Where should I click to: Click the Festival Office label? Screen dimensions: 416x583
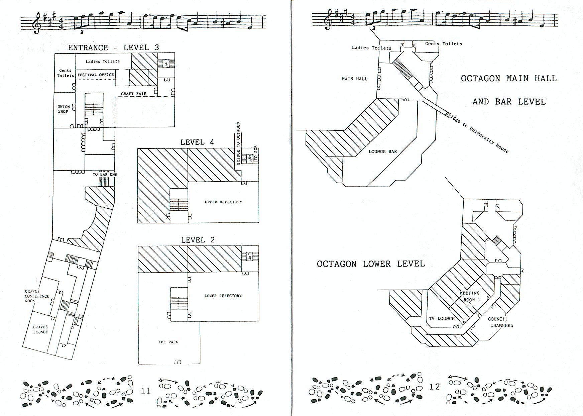[x=96, y=75]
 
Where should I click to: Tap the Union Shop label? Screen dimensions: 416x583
[x=64, y=109]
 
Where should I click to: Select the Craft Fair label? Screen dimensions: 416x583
[x=134, y=94]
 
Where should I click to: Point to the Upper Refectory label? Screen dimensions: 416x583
[x=223, y=202]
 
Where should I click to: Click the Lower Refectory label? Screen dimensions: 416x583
[x=223, y=296]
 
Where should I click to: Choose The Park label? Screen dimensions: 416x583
[x=168, y=342]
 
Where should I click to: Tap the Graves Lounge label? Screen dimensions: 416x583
[x=40, y=329]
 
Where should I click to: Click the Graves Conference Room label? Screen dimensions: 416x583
[x=37, y=296]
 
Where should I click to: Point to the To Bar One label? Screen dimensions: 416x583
[x=105, y=175]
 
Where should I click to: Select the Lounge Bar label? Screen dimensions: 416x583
[x=383, y=151]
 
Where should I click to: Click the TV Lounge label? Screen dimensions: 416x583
[x=442, y=318]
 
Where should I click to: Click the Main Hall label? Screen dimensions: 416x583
[x=354, y=79]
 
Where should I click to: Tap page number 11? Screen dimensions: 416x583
[x=146, y=390]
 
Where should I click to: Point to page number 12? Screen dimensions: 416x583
[x=434, y=387]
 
